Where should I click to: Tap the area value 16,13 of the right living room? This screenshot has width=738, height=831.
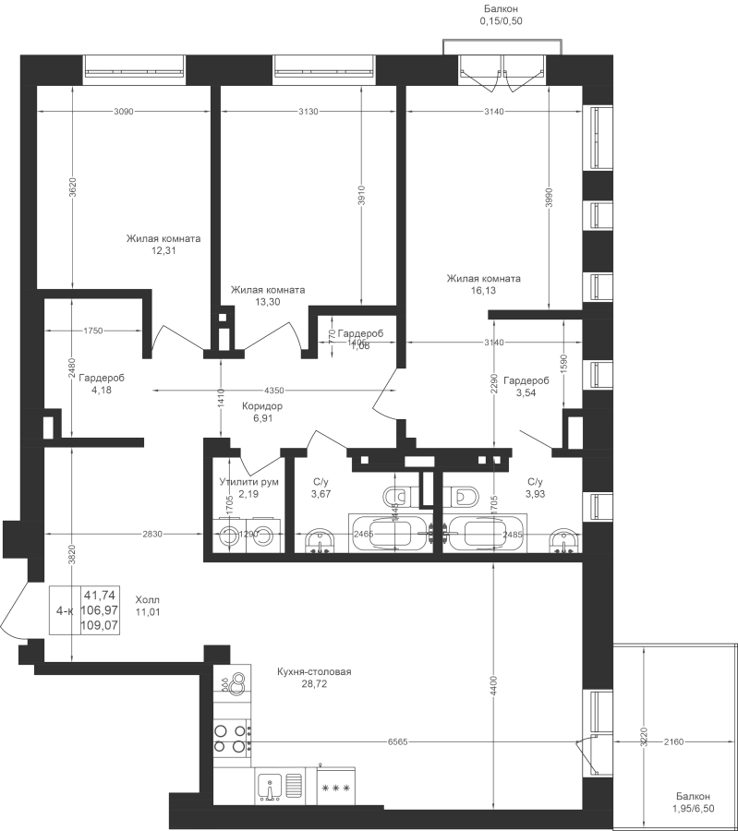pos(483,290)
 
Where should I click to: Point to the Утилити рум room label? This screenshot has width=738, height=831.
pos(249,482)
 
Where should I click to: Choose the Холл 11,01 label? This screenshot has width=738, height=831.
pos(148,605)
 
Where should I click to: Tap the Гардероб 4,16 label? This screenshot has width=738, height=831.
pos(101,383)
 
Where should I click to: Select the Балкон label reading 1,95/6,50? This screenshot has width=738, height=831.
pos(692,802)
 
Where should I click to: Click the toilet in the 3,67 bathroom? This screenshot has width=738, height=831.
pos(399,497)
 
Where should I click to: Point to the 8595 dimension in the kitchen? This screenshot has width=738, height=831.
pos(397,741)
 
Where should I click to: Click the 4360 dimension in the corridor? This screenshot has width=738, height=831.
pos(274,390)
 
